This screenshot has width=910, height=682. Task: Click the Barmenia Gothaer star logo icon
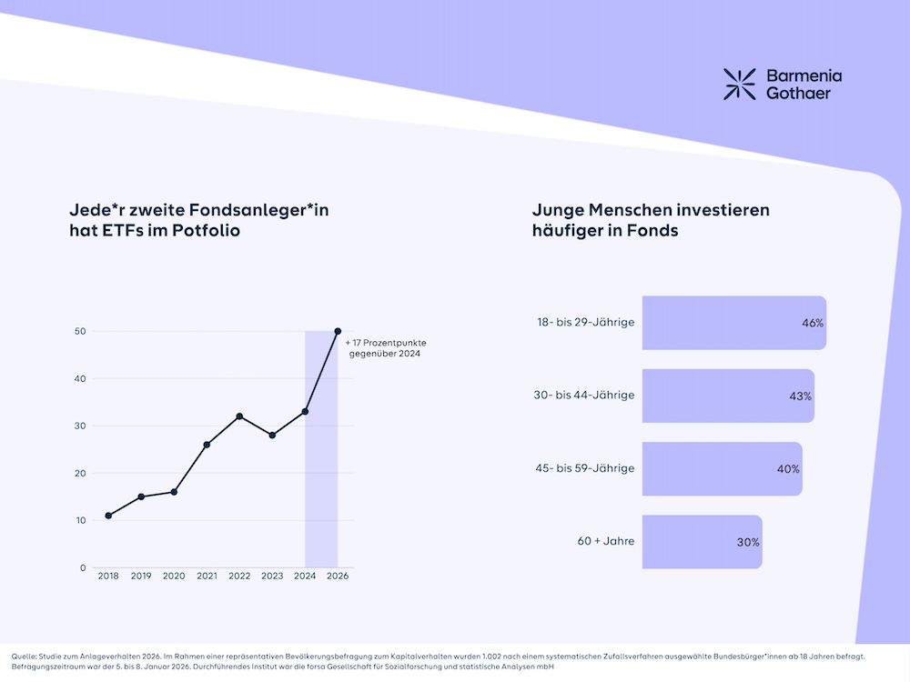[739, 84]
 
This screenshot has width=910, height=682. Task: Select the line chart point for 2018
[108, 516]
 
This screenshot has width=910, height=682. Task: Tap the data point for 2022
[239, 416]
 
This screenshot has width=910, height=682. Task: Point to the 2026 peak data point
[338, 331]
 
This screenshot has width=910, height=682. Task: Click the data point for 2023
[272, 436]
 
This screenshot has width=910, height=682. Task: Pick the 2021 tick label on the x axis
[207, 577]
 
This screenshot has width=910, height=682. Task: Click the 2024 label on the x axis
[305, 577]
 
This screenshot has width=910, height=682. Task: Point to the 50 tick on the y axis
[80, 331]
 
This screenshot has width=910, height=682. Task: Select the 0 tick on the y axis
[83, 567]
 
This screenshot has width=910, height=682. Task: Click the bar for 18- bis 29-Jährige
[733, 323]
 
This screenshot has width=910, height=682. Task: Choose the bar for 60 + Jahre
[702, 542]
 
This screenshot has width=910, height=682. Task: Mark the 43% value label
[801, 396]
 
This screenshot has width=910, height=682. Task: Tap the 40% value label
[788, 469]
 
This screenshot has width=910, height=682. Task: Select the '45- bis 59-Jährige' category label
[584, 468]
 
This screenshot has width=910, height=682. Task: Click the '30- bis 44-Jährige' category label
[584, 396]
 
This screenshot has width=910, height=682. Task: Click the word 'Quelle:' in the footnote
[25, 656]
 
